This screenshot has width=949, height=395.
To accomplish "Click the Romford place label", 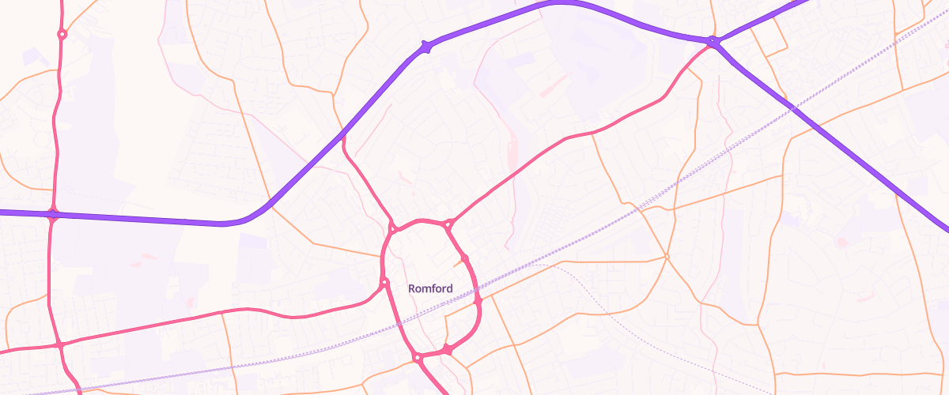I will (430, 288).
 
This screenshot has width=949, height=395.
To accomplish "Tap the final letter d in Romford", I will (450, 288).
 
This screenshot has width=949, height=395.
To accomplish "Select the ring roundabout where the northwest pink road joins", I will (392, 229).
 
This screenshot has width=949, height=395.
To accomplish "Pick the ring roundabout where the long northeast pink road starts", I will (448, 224).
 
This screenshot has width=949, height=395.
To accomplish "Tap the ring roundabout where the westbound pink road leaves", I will (384, 282).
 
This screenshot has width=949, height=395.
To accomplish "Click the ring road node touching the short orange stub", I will (465, 258).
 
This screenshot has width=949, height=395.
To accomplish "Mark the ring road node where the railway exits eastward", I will (478, 300).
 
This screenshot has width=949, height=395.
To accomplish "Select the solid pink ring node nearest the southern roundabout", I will (447, 348).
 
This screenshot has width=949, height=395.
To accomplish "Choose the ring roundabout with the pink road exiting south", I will (417, 359).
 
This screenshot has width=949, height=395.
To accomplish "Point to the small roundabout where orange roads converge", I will (667, 257).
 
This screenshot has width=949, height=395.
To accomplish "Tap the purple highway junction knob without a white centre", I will (426, 47).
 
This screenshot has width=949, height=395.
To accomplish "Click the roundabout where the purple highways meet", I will (713, 42).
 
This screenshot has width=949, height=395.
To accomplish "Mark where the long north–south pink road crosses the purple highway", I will (53, 213).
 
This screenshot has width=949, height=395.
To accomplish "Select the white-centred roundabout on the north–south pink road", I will (62, 34).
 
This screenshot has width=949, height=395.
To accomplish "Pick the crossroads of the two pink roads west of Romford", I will (59, 344).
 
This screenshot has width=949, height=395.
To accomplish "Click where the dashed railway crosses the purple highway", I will (791, 106).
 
